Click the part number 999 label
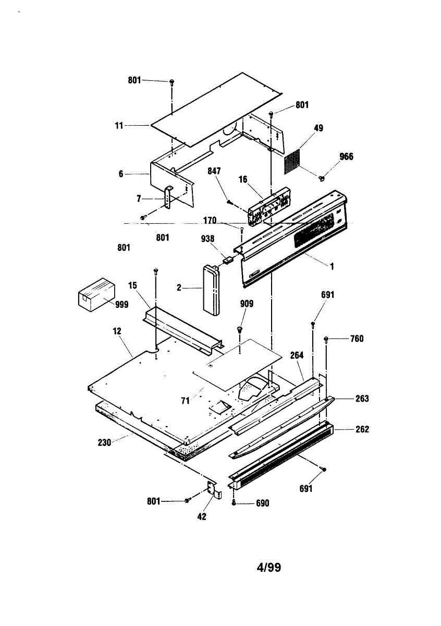[x=121, y=305]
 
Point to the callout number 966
[x=346, y=156]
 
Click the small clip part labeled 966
[x=322, y=179]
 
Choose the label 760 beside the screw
[x=357, y=339]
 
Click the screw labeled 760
[x=326, y=339]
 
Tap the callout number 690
[x=262, y=503]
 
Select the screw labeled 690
[x=234, y=503]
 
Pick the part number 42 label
[x=201, y=516]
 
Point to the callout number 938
[x=207, y=239]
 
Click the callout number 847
[x=214, y=172]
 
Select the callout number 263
[x=362, y=399]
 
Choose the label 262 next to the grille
[x=362, y=429]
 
